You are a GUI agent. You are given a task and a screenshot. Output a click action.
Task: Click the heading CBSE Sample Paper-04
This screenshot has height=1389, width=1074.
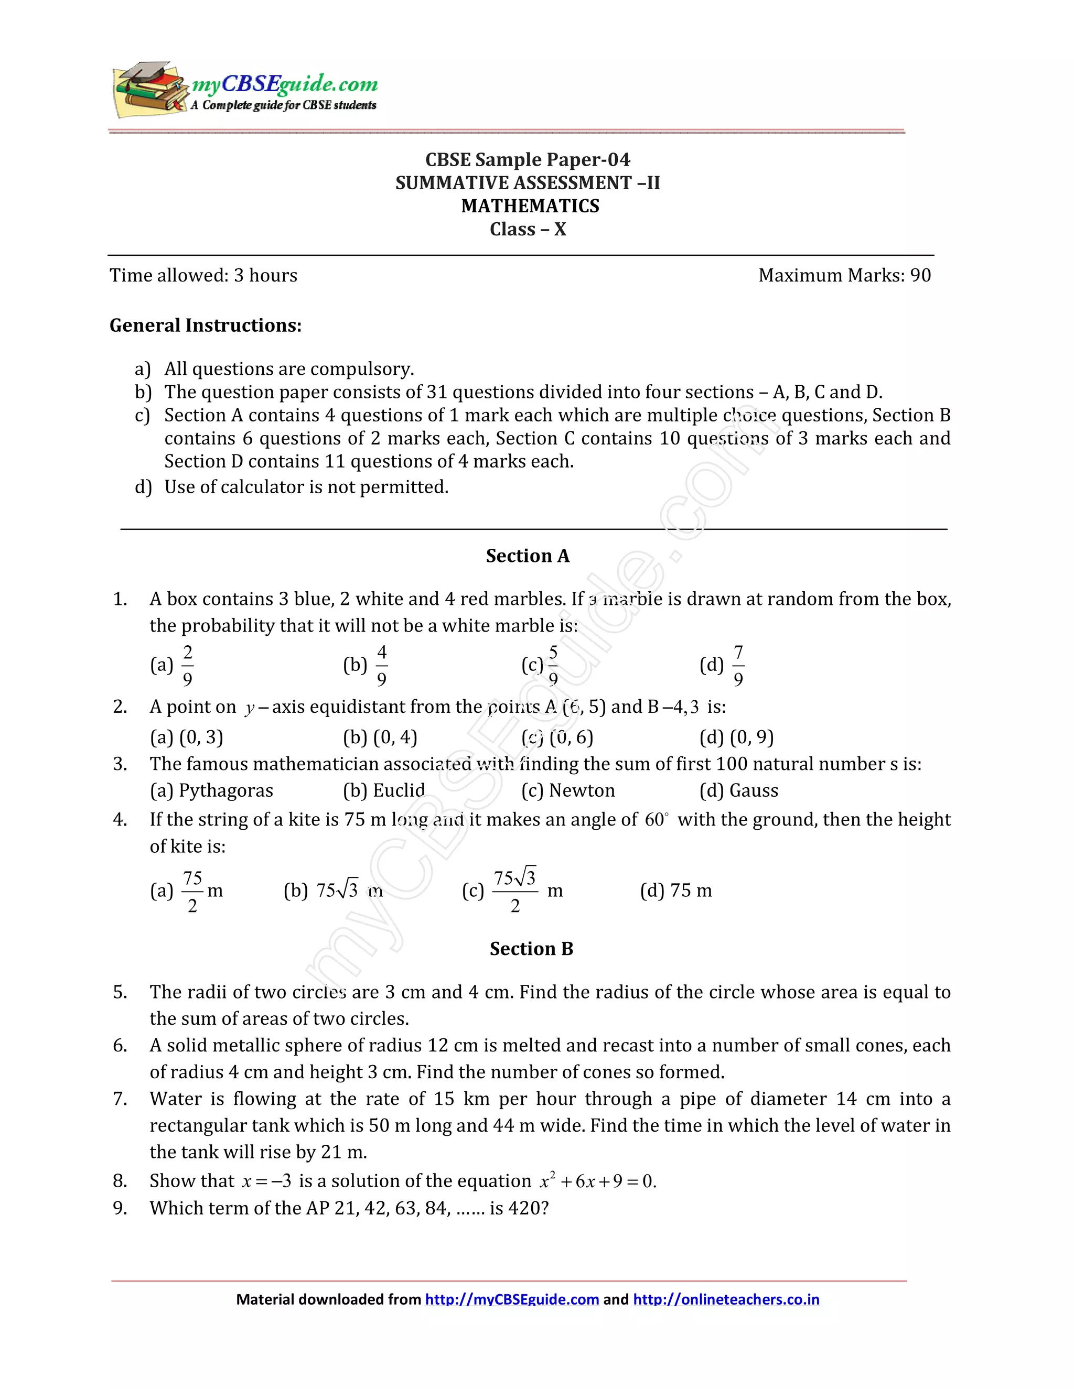coord(528,160)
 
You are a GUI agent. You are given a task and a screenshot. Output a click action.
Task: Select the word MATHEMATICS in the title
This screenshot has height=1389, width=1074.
coord(530,206)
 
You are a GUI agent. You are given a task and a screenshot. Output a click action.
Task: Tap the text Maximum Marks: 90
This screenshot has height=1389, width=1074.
coord(844,275)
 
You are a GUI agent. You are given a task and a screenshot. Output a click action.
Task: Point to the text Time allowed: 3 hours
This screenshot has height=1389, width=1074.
coord(203,275)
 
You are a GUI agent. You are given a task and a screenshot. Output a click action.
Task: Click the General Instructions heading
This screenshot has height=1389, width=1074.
coord(206,325)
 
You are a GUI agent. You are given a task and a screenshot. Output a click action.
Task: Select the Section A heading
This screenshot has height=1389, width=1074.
coord(528,556)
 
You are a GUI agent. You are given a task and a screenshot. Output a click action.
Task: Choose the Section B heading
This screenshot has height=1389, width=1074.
coord(531,949)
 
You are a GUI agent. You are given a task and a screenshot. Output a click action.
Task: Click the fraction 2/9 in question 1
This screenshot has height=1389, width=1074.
coord(188,665)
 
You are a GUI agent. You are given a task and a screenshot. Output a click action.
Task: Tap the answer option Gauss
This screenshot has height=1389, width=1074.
coord(754,790)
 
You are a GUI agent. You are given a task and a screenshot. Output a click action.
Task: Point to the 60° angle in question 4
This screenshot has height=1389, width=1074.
coord(657,820)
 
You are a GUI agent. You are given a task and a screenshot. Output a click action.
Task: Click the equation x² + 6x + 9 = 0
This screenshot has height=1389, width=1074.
coord(597,1181)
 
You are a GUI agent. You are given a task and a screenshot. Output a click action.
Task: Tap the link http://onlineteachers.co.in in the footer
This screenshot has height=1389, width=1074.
coord(726,1299)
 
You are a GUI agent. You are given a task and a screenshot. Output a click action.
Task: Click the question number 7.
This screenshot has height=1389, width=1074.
coord(120,1099)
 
